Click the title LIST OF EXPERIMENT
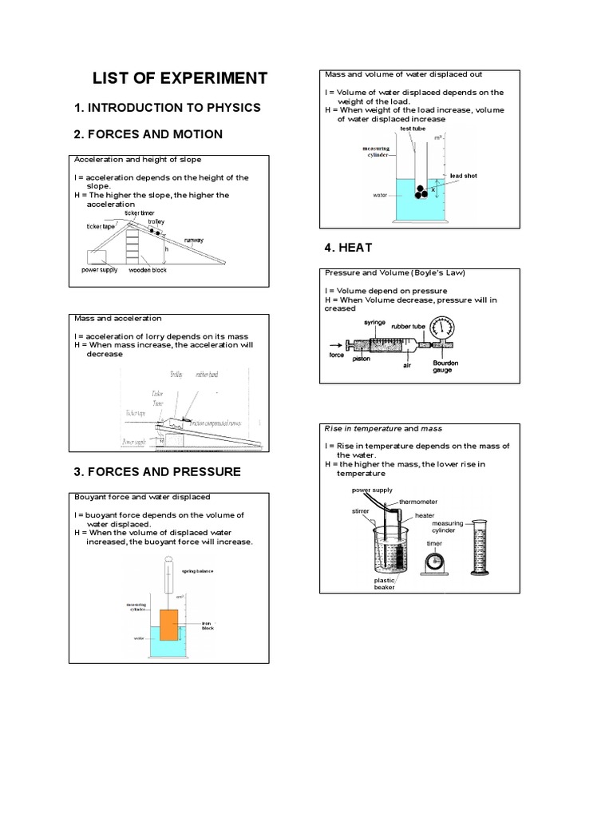(180, 78)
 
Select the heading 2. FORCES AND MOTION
(148, 133)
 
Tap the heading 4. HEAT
(348, 248)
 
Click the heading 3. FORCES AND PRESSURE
(156, 472)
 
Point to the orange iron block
(169, 625)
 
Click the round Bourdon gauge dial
(441, 330)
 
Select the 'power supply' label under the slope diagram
(100, 270)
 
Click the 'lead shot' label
(464, 176)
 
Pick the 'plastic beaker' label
(385, 584)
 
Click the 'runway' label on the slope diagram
(194, 240)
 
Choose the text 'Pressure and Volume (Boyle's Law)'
(394, 272)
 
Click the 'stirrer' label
(360, 508)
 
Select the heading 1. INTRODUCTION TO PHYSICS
(167, 107)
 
